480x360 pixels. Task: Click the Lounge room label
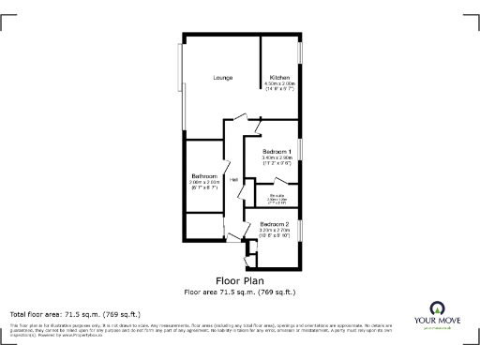pos(222,77)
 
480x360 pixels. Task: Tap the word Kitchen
pos(279,77)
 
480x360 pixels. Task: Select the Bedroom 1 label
pos(277,151)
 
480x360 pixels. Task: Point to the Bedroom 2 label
pos(274,223)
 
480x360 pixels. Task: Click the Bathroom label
pos(204,176)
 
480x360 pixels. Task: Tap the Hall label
pos(232,179)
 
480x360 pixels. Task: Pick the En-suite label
pos(277,195)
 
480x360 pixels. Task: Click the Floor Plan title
pos(239,280)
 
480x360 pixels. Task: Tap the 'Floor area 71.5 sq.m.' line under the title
pos(239,291)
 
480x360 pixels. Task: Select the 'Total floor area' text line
pos(75,314)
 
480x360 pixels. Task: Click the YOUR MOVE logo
pos(436,316)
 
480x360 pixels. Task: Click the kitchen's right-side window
pos(300,65)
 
